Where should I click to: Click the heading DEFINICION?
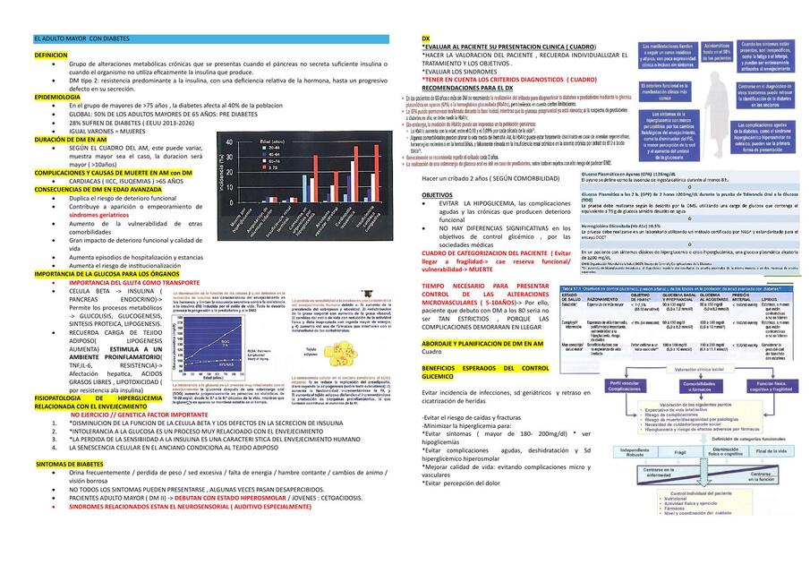pyautogui.click(x=50, y=56)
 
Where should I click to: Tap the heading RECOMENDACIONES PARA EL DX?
pyautogui.click(x=467, y=90)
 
